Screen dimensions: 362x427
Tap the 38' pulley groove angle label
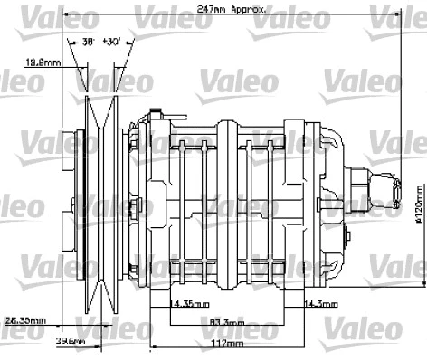pyautogui.click(x=90, y=42)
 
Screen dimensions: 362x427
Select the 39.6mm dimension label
pyautogui.click(x=70, y=341)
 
